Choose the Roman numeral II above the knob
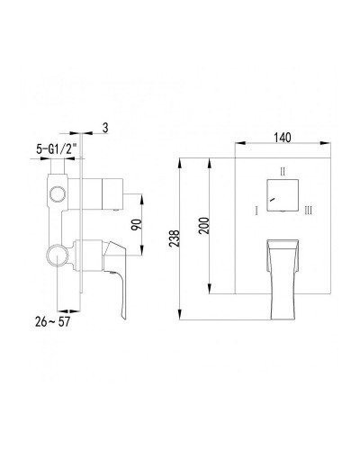(x=282, y=170)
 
